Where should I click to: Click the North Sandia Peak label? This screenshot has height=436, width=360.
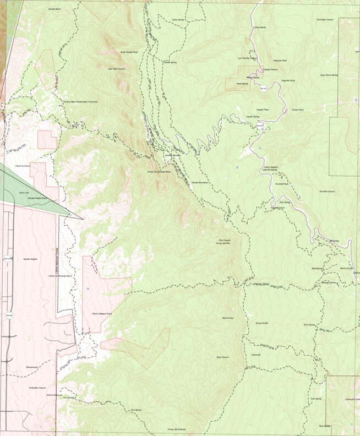point(129,52)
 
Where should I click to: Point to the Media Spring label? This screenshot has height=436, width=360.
point(170,62)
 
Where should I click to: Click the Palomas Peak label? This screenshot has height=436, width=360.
point(280,61)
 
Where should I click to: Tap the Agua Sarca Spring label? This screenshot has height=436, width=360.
point(329,75)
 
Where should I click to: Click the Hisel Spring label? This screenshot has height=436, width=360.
point(242,84)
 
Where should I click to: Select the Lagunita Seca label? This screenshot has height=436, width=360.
point(288,80)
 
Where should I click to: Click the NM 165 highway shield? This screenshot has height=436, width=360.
point(263,89)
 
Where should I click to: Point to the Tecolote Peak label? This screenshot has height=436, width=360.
point(282,184)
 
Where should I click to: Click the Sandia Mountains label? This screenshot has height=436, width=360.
point(200,182)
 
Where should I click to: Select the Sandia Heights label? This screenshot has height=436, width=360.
point(30,259)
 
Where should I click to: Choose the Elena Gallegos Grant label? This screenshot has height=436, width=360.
point(102,313)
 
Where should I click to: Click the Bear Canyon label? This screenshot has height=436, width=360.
point(222,357)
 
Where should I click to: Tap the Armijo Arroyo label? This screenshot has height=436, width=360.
point(262,323)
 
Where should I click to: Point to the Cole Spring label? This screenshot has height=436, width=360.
point(316,399)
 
